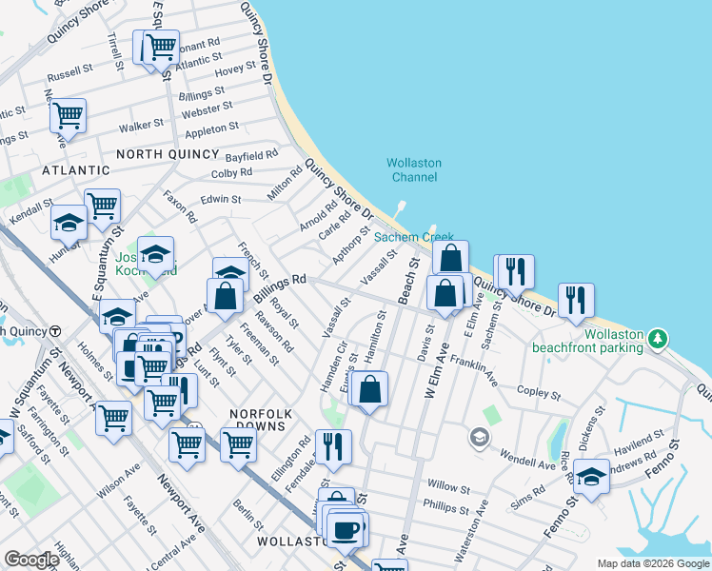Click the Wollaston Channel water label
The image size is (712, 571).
414,169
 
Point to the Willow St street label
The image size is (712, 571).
448,484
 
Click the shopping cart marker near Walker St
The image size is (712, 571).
69,116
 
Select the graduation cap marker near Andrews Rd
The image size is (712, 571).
591,476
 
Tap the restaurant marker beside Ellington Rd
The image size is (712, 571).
333,445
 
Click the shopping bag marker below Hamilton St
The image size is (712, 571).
369,388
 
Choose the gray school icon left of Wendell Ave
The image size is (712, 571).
480,438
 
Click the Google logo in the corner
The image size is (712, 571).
31,560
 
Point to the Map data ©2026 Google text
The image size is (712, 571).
652,563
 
